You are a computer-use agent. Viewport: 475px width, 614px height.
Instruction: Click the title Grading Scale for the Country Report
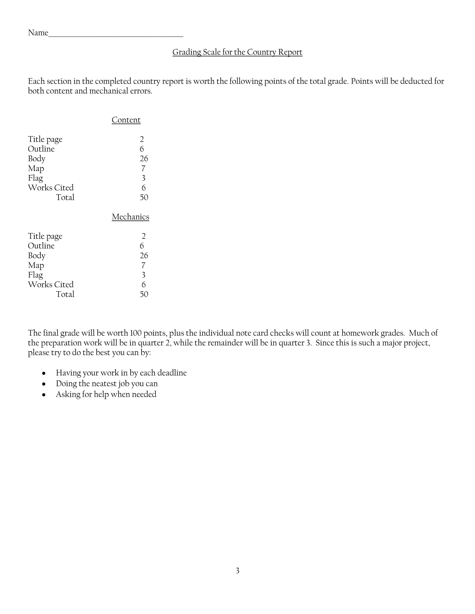pos(237,52)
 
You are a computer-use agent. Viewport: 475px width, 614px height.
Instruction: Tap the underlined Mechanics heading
pos(130,217)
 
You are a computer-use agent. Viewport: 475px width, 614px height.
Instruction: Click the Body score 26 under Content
pos(144,159)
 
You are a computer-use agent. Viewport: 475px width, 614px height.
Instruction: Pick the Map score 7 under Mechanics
pos(143,265)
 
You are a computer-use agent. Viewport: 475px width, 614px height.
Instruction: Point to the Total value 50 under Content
pos(144,197)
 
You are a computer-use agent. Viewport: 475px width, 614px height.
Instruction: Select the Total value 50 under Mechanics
pos(144,294)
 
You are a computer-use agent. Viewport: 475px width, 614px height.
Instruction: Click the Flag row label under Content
pos(35,178)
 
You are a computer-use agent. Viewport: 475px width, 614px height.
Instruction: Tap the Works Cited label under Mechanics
pos(51,285)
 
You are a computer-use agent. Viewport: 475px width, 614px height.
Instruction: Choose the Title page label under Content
pos(45,139)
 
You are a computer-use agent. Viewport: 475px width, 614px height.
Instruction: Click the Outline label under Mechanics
pos(41,246)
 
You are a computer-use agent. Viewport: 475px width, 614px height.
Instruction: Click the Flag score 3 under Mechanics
pos(143,275)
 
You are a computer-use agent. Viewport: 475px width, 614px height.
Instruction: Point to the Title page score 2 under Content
pos(142,139)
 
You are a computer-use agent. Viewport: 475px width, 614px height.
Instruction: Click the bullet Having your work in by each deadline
pos(121,373)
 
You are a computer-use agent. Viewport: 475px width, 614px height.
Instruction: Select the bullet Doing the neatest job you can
pos(107,384)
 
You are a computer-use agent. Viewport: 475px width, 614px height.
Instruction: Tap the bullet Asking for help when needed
pos(106,394)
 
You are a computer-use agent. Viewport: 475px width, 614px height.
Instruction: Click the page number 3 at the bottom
pos(237,571)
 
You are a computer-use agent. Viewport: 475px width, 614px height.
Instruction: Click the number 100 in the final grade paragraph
pos(135,333)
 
